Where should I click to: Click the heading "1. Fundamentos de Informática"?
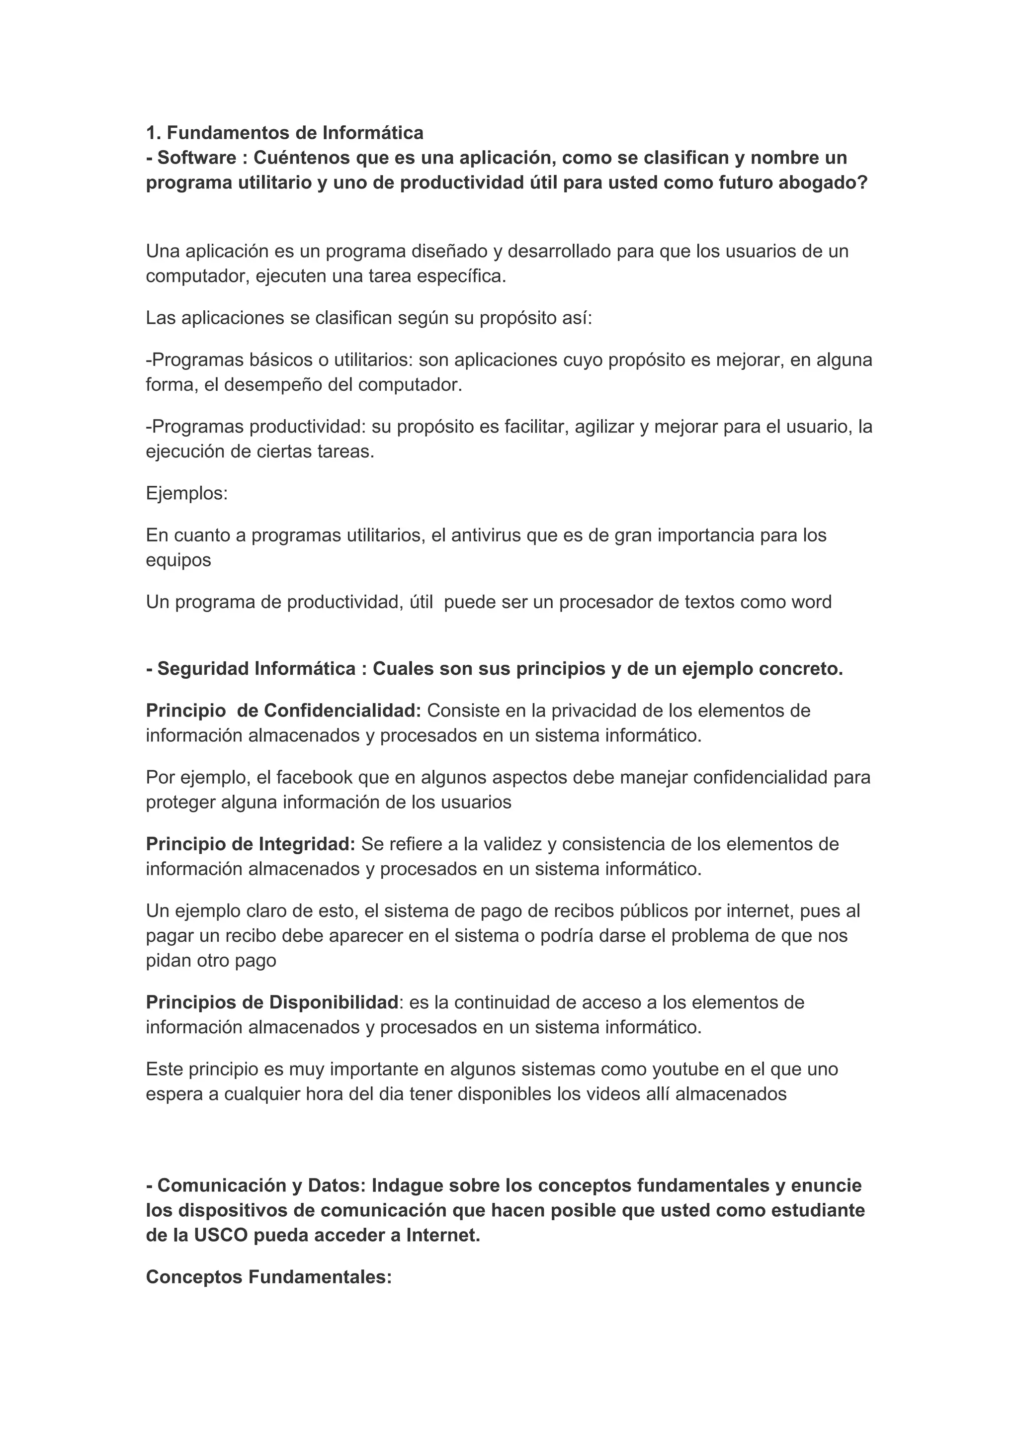(285, 133)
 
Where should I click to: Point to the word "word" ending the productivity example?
(811, 602)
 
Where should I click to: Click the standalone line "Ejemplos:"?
(187, 493)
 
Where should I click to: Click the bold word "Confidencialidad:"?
(342, 711)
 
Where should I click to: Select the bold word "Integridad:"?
(307, 844)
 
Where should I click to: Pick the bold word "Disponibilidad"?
(334, 1002)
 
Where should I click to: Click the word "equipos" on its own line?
(179, 560)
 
